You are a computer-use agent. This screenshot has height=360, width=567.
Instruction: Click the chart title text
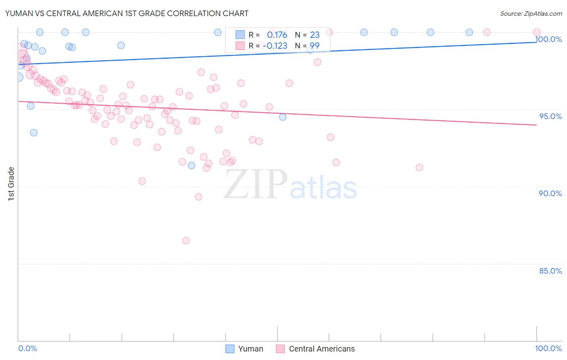(127, 13)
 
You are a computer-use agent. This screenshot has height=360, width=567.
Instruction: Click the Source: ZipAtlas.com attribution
(531, 14)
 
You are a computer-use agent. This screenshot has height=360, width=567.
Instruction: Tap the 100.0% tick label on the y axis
(548, 39)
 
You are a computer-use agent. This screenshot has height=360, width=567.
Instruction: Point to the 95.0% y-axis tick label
(550, 116)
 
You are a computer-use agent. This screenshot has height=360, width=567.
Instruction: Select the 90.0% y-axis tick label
(550, 193)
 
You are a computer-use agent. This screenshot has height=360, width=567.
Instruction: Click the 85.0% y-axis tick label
(550, 271)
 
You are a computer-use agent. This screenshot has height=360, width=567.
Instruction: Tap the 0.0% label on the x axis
(27, 348)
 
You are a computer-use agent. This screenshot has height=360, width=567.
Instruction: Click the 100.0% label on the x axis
(548, 348)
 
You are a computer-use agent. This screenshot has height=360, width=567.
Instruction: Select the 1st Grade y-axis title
(11, 184)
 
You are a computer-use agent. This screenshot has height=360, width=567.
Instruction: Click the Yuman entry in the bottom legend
(250, 349)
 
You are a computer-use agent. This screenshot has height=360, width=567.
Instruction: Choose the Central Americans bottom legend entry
(321, 349)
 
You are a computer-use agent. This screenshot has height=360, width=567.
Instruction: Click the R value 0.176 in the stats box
(277, 35)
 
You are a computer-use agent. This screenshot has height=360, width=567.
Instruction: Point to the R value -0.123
(275, 46)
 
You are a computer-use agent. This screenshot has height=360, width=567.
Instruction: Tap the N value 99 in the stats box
(315, 46)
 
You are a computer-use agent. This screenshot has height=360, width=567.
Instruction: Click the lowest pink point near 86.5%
(186, 241)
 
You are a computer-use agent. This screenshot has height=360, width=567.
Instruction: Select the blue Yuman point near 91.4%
(192, 165)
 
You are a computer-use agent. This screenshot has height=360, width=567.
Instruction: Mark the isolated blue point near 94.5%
(283, 117)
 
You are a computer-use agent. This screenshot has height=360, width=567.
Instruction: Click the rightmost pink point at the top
(537, 32)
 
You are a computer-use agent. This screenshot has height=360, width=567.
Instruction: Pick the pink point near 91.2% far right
(419, 167)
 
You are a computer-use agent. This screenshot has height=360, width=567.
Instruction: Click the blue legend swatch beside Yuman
(230, 349)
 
